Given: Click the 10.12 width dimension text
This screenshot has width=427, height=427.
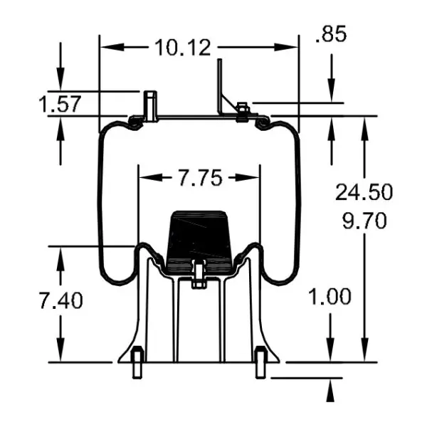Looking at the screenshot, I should pyautogui.click(x=181, y=48).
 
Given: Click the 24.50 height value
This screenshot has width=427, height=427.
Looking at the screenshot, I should pyautogui.click(x=364, y=191).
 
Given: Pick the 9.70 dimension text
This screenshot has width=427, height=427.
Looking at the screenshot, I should pyautogui.click(x=364, y=221).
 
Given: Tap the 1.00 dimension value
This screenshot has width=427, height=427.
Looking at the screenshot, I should pyautogui.click(x=330, y=296).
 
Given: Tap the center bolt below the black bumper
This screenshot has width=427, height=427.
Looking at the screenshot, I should pyautogui.click(x=199, y=273).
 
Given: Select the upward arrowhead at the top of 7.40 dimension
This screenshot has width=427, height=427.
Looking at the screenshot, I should pyautogui.click(x=60, y=255).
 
